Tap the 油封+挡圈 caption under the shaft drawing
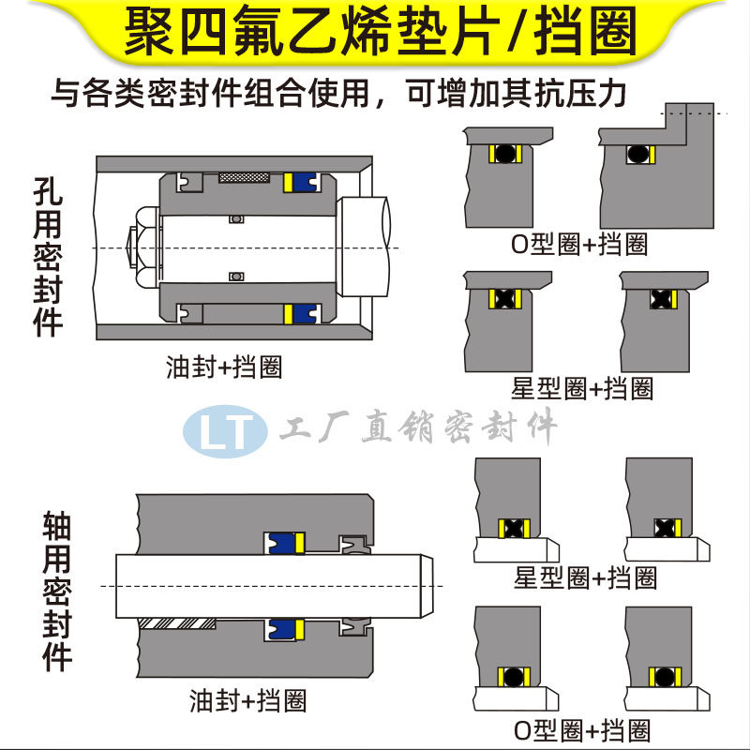[247, 699]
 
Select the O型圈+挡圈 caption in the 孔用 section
[579, 246]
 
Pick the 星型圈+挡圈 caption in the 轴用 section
[585, 577]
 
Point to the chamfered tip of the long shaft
[424, 586]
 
